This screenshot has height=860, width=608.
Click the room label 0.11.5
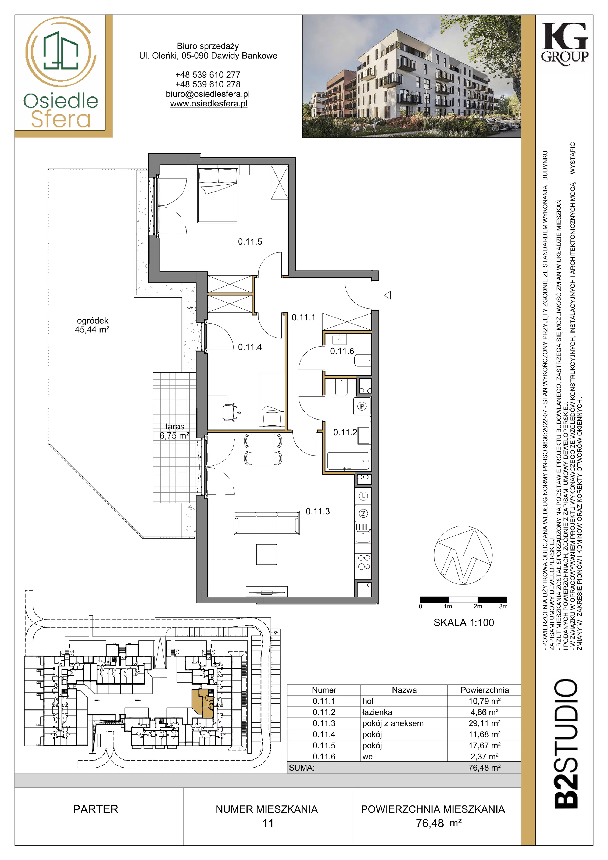[250, 242]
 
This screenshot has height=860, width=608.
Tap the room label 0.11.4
[250, 347]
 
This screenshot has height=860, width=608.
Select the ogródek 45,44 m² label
[92, 325]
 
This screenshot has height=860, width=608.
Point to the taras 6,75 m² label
[174, 431]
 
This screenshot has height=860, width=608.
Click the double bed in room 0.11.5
[218, 195]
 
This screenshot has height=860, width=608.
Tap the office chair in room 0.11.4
[230, 412]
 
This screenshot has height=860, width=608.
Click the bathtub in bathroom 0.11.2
[348, 461]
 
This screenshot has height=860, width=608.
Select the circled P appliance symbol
[362, 406]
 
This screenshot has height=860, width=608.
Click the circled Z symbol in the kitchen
[363, 514]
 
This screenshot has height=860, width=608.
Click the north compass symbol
[463, 556]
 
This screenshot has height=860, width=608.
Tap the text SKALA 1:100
[464, 622]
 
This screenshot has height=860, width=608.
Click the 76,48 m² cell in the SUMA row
[484, 768]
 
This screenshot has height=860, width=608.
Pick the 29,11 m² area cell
[484, 723]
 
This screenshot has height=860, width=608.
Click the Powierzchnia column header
[484, 690]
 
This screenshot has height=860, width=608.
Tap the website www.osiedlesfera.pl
[209, 104]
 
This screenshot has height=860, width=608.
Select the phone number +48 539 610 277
[208, 74]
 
